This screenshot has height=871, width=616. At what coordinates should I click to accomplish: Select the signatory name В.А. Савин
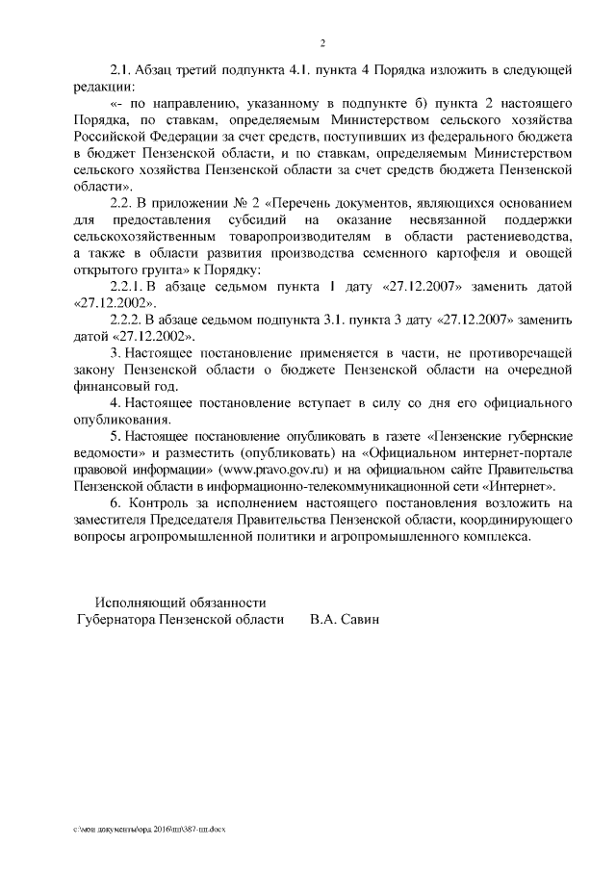click(346, 621)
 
